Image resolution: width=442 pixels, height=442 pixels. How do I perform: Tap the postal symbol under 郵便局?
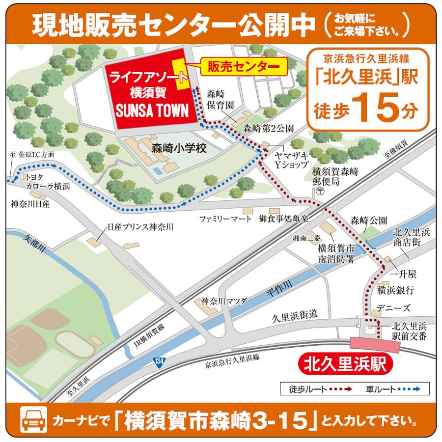click(320, 191)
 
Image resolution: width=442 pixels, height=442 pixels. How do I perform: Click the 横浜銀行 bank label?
click(396, 290)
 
